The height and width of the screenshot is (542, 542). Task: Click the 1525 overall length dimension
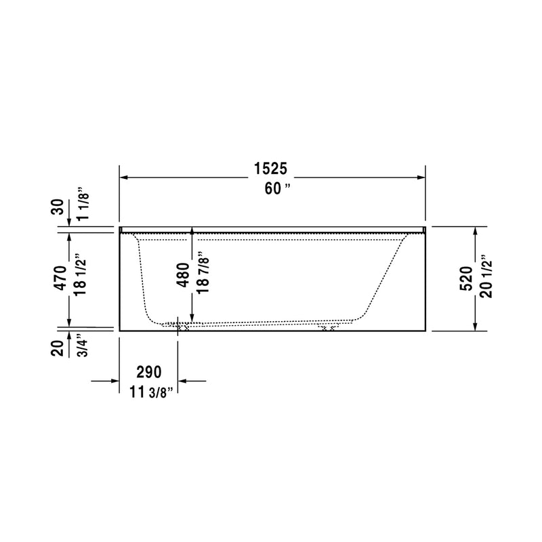pos(272,168)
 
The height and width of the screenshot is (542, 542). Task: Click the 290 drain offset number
pos(148,371)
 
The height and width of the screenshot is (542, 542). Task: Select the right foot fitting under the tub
pos(329,327)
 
